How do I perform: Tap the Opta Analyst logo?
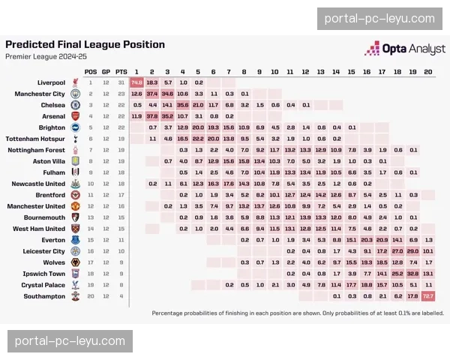point(400,49)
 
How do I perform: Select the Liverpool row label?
point(52,82)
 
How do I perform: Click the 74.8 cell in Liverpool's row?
point(136,82)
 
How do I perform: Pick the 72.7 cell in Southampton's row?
point(427,296)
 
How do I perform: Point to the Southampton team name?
point(44,296)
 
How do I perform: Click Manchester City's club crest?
point(75,94)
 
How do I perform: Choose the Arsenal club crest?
point(75,116)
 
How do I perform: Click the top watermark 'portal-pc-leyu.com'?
point(379,19)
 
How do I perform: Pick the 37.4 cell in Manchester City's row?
point(152,94)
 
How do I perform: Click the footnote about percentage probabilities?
point(297,313)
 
